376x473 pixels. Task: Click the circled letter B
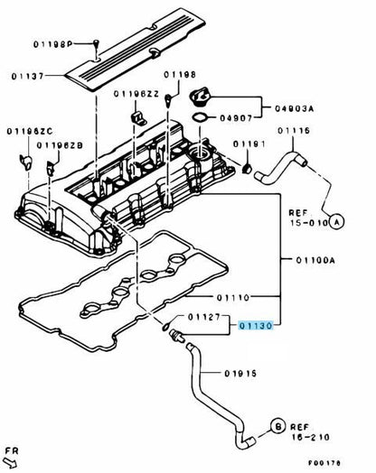coord(278,424)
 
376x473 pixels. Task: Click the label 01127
coord(203,317)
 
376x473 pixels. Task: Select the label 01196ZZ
coord(136,94)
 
